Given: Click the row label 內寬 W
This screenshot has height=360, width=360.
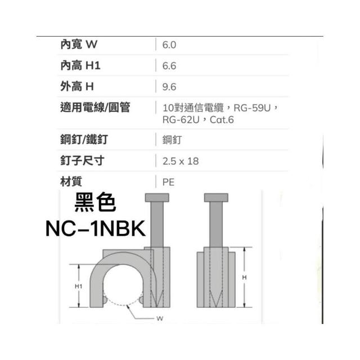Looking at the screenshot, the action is pyautogui.click(x=79, y=44).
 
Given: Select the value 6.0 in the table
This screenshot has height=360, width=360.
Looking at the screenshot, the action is pyautogui.click(x=169, y=45).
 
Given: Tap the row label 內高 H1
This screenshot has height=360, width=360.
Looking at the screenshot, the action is pyautogui.click(x=80, y=66).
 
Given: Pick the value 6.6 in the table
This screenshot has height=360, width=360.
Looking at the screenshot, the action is pyautogui.click(x=169, y=66).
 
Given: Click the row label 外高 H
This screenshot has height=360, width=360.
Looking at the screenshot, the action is pyautogui.click(x=77, y=87).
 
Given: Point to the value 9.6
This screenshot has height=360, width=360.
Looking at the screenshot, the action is pyautogui.click(x=169, y=87).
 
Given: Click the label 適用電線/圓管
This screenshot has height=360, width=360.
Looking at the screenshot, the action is pyautogui.click(x=95, y=107).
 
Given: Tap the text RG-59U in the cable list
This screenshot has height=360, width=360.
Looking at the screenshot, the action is pyautogui.click(x=252, y=108).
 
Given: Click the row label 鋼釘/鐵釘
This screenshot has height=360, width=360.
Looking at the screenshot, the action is pyautogui.click(x=84, y=139).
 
